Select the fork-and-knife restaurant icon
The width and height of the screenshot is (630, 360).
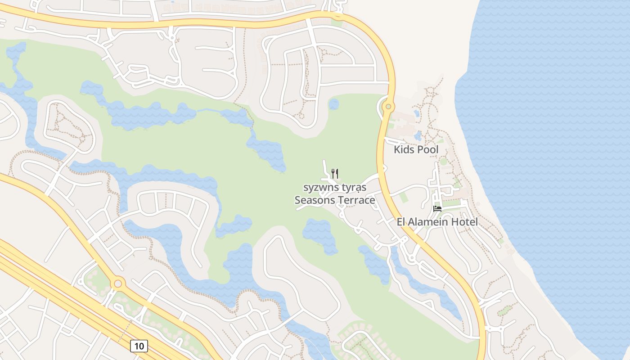pyautogui.click(x=335, y=173)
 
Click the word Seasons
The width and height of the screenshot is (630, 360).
pyautogui.click(x=313, y=200)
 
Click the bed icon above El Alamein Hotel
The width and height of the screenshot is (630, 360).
pyautogui.click(x=437, y=208)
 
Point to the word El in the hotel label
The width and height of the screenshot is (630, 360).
pyautogui.click(x=401, y=222)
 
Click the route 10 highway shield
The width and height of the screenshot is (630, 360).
pyautogui.click(x=139, y=346)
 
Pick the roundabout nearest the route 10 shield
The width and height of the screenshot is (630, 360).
pyautogui.click(x=118, y=283)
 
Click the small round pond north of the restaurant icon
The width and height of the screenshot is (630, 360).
pyautogui.click(x=333, y=104)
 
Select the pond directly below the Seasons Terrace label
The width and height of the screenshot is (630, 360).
pyautogui.click(x=320, y=234)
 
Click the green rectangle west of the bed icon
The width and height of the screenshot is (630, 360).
pyautogui.click(x=403, y=197)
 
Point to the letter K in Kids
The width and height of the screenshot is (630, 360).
pyautogui.click(x=397, y=149)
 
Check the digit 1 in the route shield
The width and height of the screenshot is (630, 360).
pyautogui.click(x=136, y=346)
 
